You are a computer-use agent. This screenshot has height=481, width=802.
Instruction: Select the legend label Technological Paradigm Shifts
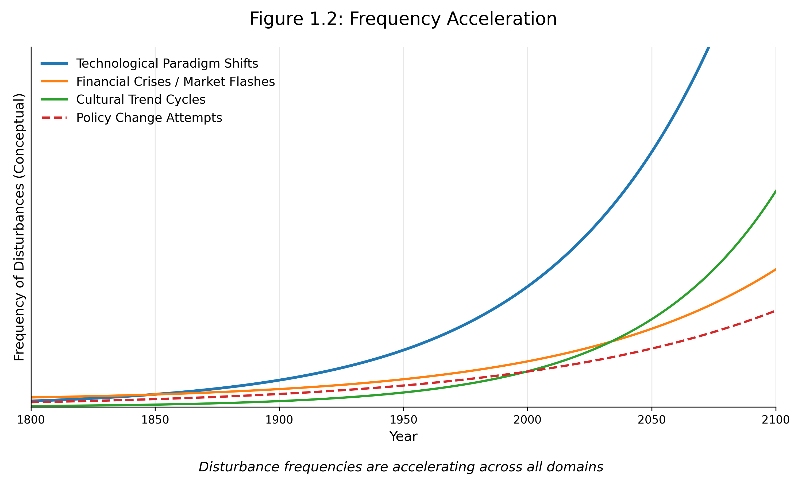coord(167,64)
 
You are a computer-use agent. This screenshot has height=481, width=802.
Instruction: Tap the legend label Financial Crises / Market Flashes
coord(175,82)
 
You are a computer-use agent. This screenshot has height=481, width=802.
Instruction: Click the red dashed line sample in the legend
coord(54,118)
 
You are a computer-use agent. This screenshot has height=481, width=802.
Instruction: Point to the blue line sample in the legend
coord(54,64)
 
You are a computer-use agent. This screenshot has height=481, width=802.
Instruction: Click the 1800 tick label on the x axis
coord(31,420)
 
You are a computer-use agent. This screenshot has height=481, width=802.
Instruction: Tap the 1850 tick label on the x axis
coord(155,420)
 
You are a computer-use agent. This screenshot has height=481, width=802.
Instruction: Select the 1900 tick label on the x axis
coord(279,420)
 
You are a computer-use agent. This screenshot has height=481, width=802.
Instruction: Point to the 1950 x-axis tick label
coord(403,420)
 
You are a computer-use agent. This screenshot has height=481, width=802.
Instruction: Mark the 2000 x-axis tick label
coord(527,420)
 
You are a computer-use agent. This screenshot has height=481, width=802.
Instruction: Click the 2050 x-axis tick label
coord(651,420)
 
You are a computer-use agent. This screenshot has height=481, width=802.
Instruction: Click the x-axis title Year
coord(403,437)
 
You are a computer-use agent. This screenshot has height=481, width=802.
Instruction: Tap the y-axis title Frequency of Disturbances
coord(20,227)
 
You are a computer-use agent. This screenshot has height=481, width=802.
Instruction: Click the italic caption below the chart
coord(401,467)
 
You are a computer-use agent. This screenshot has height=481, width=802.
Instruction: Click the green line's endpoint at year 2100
coord(775,191)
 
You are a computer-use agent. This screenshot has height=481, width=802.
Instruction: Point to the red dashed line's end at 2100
coord(774,311)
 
